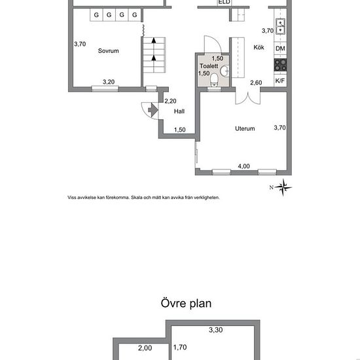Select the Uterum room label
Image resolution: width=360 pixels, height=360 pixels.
coord(245,129)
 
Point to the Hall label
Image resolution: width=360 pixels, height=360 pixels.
coord(179,111)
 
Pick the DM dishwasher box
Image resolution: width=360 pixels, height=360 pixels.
coord(280,49)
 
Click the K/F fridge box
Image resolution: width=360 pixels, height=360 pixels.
coord(280,81)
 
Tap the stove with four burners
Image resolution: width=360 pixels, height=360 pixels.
coord(280,65)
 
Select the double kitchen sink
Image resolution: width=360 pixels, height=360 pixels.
coord(280,27)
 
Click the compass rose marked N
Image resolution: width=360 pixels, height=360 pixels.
coord(283,188)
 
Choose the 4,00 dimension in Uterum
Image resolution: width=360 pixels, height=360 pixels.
coord(243,166)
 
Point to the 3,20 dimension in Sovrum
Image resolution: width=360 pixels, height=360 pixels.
coord(109,82)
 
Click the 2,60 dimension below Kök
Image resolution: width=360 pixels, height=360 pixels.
coord(256,82)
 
